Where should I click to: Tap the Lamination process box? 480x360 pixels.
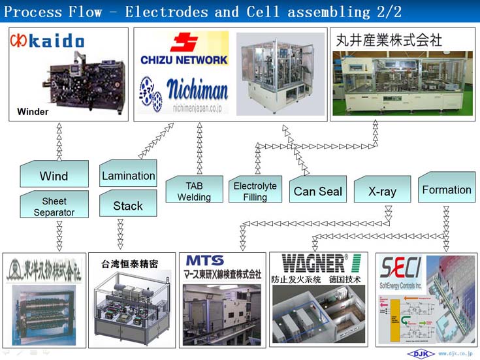pyautogui.click(x=128, y=175)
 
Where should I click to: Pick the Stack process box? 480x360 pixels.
pyautogui.click(x=128, y=205)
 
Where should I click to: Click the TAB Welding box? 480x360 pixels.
pyautogui.click(x=194, y=191)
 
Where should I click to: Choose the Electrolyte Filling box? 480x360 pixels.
pyautogui.click(x=255, y=191)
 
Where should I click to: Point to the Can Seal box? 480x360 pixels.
pyautogui.click(x=317, y=191)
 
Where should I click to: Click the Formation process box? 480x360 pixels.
pyautogui.click(x=447, y=189)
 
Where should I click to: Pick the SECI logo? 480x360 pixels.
pyautogui.click(x=400, y=268)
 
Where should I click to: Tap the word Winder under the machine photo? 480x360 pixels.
pyautogui.click(x=33, y=112)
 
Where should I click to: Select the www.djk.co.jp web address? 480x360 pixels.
pyautogui.click(x=455, y=353)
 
